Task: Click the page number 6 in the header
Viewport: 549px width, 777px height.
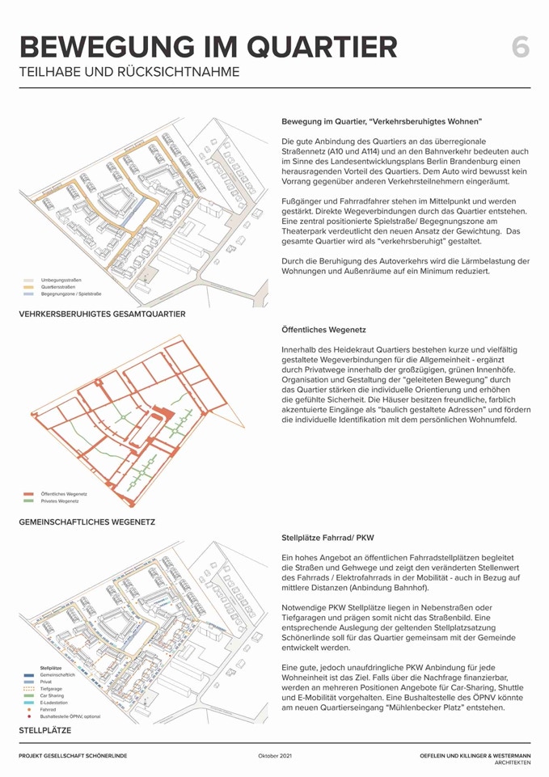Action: [x=521, y=47]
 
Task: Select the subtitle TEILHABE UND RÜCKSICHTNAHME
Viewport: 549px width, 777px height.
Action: [x=129, y=72]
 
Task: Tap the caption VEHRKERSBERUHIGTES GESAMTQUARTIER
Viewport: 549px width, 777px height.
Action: [x=103, y=314]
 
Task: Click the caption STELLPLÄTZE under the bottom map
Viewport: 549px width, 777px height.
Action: [x=45, y=730]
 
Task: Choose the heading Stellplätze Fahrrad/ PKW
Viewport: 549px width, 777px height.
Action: [x=327, y=537]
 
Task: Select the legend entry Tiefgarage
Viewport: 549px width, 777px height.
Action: [x=52, y=689]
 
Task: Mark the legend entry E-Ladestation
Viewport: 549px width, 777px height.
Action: [x=55, y=703]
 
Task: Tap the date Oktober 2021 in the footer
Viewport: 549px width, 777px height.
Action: [x=275, y=756]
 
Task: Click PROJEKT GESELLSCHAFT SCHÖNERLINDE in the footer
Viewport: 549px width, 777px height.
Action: [x=73, y=756]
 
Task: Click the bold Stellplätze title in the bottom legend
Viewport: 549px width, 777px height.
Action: [x=51, y=668]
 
